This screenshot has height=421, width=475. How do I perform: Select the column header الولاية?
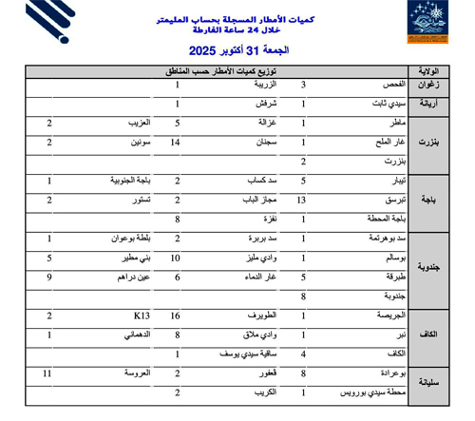(427, 71)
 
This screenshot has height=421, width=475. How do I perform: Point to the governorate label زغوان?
(428, 85)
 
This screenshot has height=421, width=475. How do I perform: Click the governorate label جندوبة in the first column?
(427, 267)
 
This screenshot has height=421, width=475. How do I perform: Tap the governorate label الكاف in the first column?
(429, 333)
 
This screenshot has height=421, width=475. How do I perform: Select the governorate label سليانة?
(428, 383)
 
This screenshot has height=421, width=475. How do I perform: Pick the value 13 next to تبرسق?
(302, 201)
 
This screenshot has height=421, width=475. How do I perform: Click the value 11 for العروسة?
(47, 374)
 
